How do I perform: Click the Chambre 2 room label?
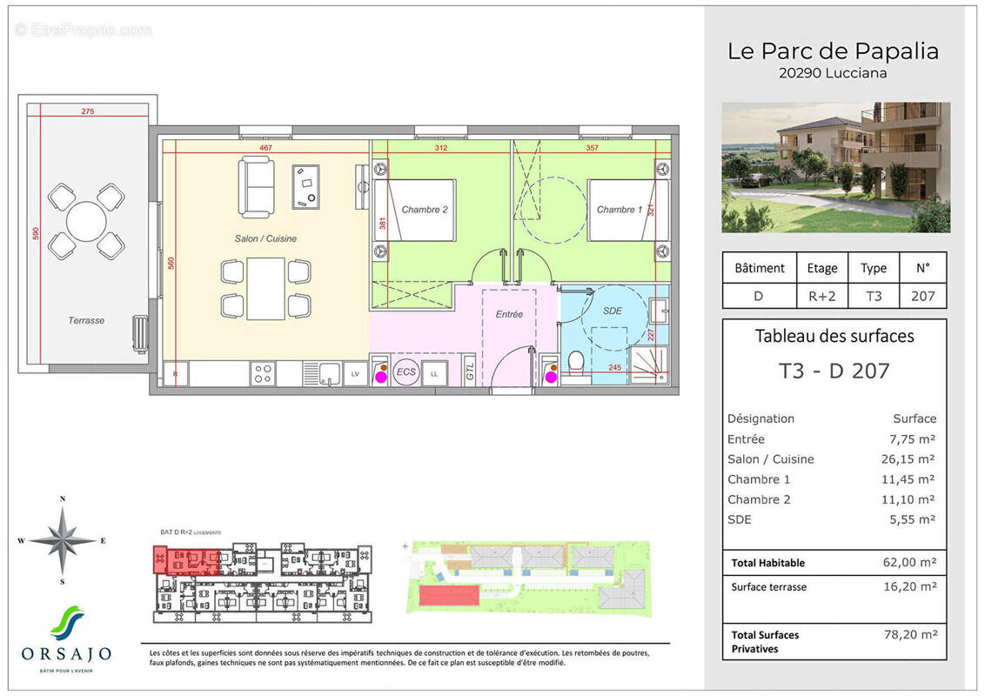425,210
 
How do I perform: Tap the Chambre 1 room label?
620,210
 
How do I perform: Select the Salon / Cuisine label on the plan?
265,238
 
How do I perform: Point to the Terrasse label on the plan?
86,320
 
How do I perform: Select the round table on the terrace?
86,221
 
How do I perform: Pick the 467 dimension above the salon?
267,148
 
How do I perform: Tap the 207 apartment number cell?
922,296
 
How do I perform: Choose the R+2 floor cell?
822,296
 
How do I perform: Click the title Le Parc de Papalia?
833,51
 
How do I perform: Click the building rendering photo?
835,167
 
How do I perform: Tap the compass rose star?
62,540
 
